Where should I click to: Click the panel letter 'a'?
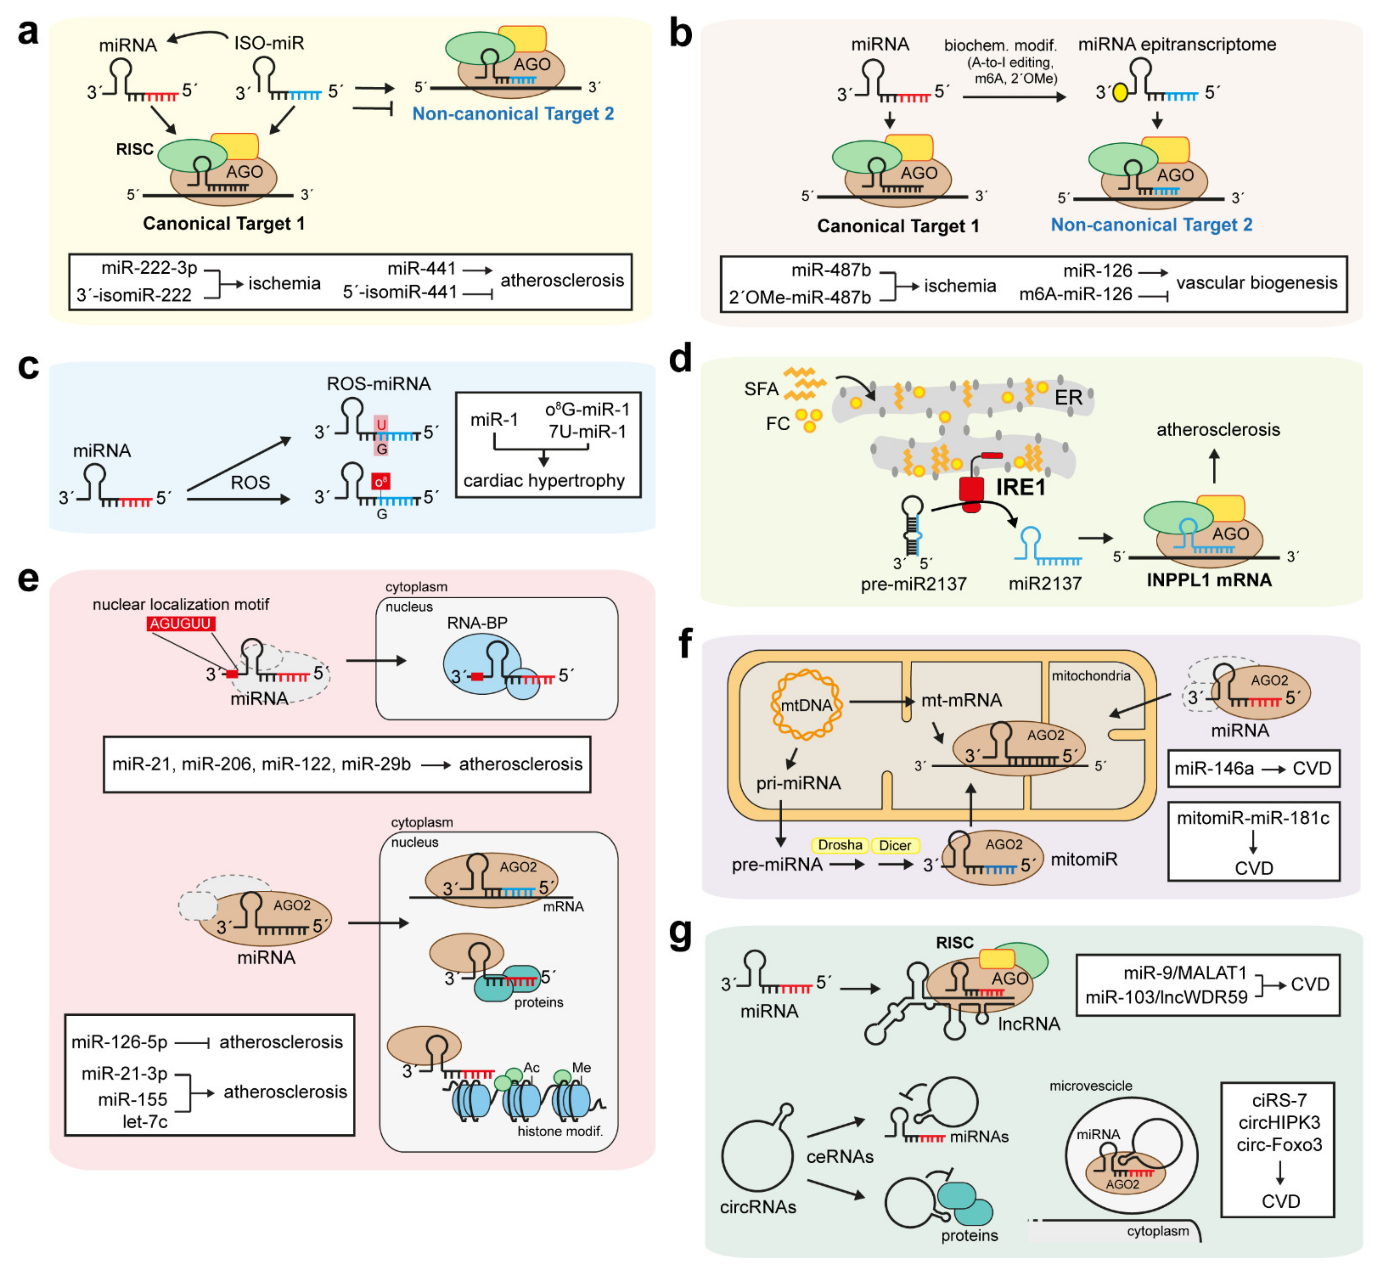27,32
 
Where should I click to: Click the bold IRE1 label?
1020,488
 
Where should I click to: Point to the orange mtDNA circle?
806,704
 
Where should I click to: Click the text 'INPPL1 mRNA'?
1208,580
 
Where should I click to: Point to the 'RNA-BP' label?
477,623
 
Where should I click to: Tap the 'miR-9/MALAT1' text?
1185,973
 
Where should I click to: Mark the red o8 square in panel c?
380,482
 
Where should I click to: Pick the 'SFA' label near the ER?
761,389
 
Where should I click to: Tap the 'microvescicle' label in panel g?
1091,1086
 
